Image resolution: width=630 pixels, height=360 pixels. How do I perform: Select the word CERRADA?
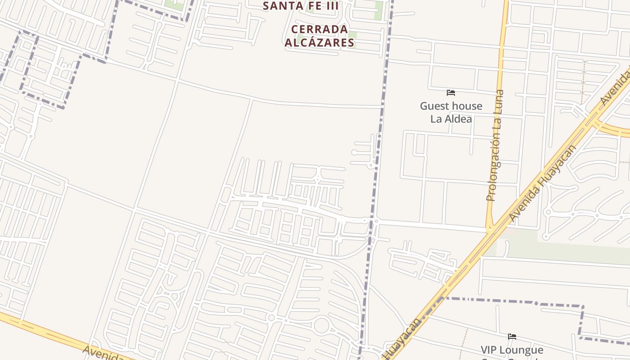[319, 30]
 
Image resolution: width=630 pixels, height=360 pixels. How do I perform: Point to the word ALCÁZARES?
[319, 43]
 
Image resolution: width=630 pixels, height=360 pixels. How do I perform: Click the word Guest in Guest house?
[434, 106]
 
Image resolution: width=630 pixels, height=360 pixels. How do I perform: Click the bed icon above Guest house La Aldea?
[451, 93]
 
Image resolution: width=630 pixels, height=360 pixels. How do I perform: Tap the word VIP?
[490, 350]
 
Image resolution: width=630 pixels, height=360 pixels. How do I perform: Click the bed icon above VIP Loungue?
[512, 337]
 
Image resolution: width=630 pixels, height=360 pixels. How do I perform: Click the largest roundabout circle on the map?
[321, 325]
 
